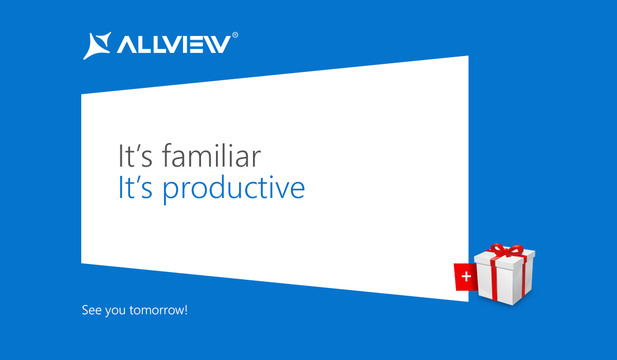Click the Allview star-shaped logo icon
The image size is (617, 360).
click(x=98, y=45)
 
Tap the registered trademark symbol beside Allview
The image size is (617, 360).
click(x=235, y=35)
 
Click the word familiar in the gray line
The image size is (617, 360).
click(x=211, y=156)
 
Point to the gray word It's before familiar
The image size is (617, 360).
click(x=135, y=156)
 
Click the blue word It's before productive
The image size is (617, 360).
click(x=135, y=187)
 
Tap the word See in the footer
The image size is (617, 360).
click(x=92, y=310)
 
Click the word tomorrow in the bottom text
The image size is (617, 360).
click(x=156, y=311)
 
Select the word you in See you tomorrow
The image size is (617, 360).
click(x=115, y=311)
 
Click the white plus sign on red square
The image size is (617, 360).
click(x=466, y=276)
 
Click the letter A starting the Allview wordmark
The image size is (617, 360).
click(x=126, y=44)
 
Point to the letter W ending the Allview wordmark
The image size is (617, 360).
click(x=216, y=44)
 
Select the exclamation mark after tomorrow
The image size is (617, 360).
click(x=186, y=310)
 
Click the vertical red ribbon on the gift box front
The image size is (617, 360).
click(x=495, y=283)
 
